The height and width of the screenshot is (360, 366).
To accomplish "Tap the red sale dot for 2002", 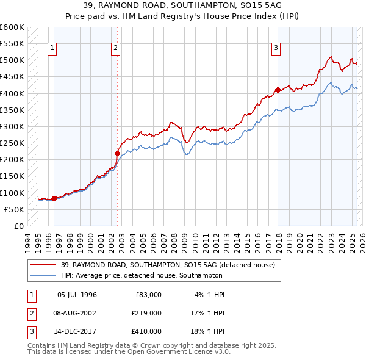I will click(x=117, y=153).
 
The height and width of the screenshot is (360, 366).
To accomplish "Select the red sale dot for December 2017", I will click(x=278, y=90).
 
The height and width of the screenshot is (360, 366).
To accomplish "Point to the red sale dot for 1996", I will click(x=54, y=198).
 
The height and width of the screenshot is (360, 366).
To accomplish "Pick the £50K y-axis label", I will click(x=14, y=209).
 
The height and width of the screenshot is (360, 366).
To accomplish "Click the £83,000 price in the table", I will click(x=146, y=295).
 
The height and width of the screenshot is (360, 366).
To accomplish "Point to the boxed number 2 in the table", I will click(x=30, y=313).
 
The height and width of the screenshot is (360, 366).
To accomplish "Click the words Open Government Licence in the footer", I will click(x=179, y=352).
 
